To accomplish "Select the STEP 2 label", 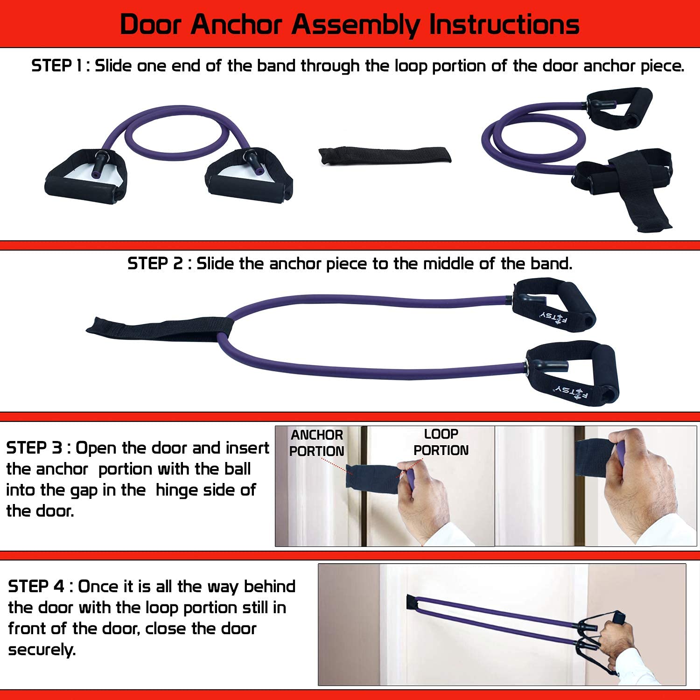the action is (155, 264).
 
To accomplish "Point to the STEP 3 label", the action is (34, 448).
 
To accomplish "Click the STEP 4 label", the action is (36, 587).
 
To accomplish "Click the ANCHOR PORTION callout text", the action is (317, 443).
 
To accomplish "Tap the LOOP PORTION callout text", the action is (441, 442).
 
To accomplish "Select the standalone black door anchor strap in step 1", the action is (385, 155).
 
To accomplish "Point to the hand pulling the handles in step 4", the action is (616, 638).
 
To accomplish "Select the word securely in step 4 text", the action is (42, 650).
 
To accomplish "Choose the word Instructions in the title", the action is (504, 24).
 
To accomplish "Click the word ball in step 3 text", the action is (237, 469).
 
